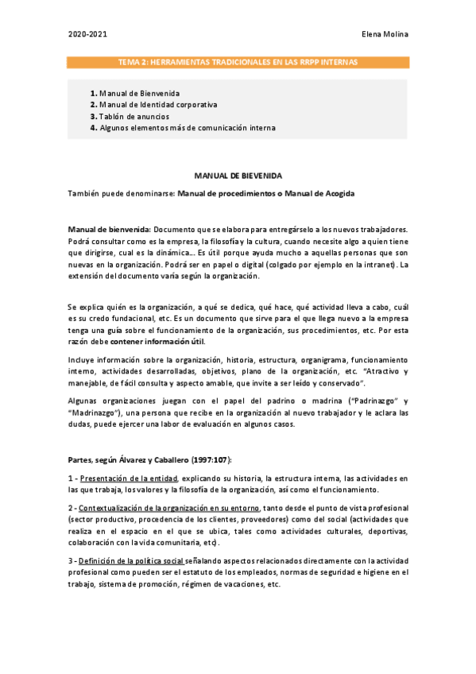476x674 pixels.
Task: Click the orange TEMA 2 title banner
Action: coord(238,61)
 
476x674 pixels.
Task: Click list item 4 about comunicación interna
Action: coord(188,127)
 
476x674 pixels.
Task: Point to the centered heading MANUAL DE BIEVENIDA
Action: coord(238,175)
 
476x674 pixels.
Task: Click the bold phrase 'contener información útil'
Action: coord(157,342)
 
